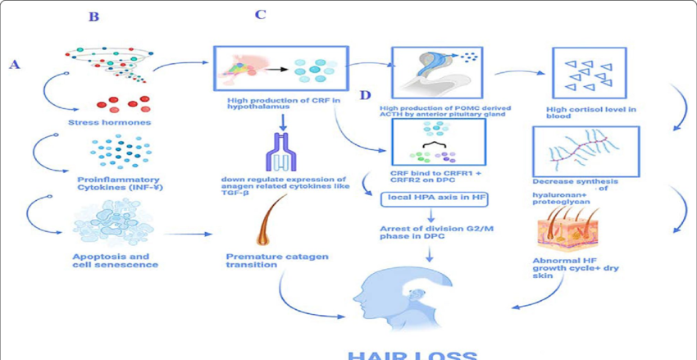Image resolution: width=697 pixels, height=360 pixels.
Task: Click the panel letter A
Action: pos(14,64)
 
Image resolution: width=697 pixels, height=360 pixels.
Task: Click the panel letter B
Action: pos(93,16)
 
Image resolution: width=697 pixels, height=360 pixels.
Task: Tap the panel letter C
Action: pos(260,16)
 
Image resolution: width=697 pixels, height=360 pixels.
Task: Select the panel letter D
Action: pos(367,96)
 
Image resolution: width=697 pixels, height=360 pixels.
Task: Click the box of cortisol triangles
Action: pos(589,73)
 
